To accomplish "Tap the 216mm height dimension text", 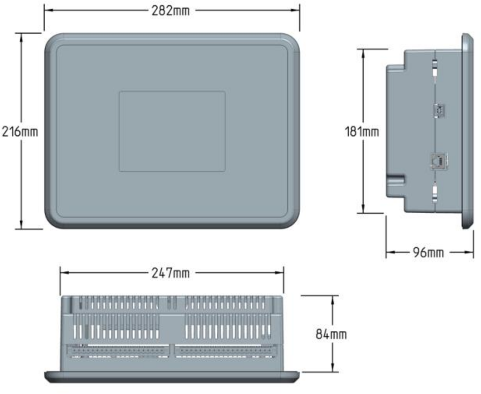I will tap(20, 131).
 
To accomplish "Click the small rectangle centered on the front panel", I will tap(172, 131).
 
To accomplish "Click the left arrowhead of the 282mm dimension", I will tap(48, 11).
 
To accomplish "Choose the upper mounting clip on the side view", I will tap(435, 70).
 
